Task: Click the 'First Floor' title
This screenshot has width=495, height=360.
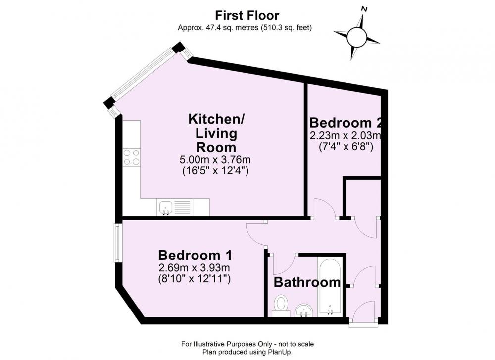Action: coord(247,15)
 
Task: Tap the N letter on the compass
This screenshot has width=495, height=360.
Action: coord(365,9)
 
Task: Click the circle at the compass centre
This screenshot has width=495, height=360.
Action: coord(356,37)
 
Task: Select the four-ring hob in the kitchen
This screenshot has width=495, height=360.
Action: coord(131,157)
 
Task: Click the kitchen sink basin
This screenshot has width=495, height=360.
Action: coord(166,207)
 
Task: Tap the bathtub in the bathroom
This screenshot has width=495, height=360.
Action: coord(330,287)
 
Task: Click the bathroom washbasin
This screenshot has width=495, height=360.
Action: coord(304,310)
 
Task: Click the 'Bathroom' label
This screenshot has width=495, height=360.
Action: coord(307,282)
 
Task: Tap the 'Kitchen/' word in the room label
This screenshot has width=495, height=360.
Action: coord(216,119)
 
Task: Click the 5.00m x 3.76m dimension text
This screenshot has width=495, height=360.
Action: coord(215,159)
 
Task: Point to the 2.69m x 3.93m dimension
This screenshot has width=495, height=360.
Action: coord(194,268)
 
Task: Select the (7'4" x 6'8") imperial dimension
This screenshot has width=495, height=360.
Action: coord(346,147)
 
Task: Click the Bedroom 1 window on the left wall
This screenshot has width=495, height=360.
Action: coord(118,243)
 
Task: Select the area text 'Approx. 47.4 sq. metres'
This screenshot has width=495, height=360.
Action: coord(218,28)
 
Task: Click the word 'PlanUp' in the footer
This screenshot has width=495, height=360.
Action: coord(281,352)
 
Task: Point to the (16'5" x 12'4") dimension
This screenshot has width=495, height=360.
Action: coord(215,171)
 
